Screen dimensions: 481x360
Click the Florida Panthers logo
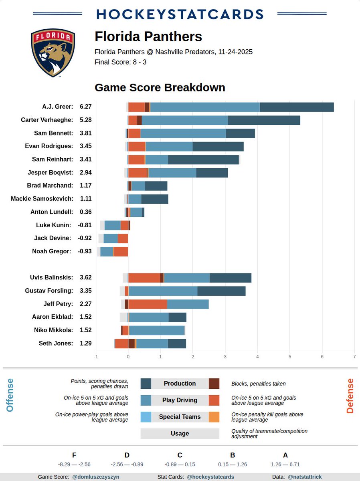pyautogui.click(x=53, y=53)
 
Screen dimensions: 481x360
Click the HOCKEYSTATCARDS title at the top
pyautogui.click(x=180, y=14)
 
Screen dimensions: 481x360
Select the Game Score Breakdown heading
pyautogui.click(x=160, y=87)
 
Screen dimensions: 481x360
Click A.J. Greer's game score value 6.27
pyautogui.click(x=86, y=107)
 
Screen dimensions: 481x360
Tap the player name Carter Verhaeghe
pyautogui.click(x=47, y=120)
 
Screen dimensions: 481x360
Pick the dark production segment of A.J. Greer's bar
pyautogui.click(x=297, y=107)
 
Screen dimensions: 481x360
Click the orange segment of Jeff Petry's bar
pyautogui.click(x=148, y=304)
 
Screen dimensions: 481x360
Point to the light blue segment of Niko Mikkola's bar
pyautogui.click(x=156, y=330)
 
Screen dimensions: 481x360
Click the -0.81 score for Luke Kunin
pyautogui.click(x=85, y=225)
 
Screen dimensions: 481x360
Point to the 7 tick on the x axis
pyautogui.click(x=354, y=356)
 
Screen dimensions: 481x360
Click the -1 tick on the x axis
pyautogui.click(x=96, y=356)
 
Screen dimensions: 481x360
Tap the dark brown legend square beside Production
pyautogui.click(x=214, y=384)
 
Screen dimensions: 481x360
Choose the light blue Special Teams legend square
pyautogui.click(x=146, y=417)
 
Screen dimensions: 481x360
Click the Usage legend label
pyautogui.click(x=180, y=433)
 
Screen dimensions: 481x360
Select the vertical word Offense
pyautogui.click(x=10, y=395)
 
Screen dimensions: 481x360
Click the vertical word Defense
pyautogui.click(x=350, y=396)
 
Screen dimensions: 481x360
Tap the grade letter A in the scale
pyautogui.click(x=285, y=455)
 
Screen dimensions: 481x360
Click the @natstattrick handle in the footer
pyautogui.click(x=305, y=477)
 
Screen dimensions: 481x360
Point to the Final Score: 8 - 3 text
pyautogui.click(x=120, y=62)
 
